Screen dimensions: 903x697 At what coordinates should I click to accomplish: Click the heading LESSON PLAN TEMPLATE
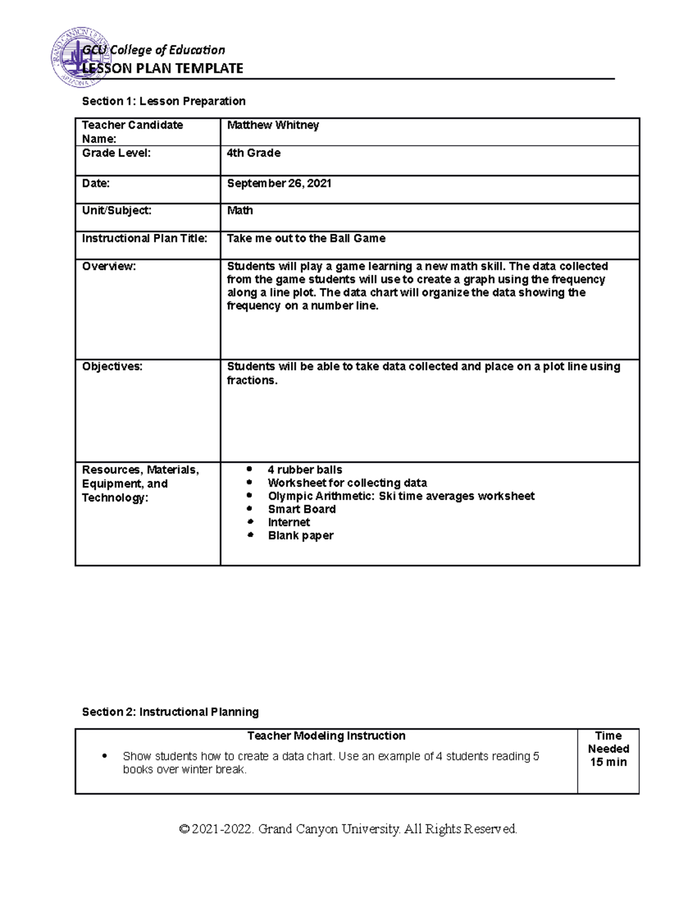163,69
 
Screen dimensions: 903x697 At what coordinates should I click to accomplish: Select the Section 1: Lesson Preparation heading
164,101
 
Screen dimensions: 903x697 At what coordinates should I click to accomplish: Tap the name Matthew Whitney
273,125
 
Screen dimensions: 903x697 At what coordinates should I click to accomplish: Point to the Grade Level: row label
116,153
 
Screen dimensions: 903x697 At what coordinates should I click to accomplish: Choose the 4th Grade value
254,153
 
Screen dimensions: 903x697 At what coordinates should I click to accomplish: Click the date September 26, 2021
279,183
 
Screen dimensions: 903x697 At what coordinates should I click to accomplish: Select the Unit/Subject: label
117,210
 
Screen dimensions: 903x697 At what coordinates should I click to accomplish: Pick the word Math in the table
240,210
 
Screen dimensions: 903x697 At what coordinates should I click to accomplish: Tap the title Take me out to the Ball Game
306,238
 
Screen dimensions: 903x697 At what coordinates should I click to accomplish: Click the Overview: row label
109,266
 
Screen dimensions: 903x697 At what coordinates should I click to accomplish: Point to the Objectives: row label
112,366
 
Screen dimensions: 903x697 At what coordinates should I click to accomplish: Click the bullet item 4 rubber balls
305,470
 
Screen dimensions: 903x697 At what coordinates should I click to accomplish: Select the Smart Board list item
301,509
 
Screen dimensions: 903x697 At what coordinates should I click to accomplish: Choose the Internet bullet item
289,522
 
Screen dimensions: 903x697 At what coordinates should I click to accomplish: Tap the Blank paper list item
300,536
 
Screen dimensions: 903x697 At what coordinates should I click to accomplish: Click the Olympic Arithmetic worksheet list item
401,496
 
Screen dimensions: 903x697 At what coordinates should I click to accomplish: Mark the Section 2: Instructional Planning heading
170,712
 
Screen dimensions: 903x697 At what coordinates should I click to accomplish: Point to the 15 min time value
608,762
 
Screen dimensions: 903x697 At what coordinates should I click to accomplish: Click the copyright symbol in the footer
185,829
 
